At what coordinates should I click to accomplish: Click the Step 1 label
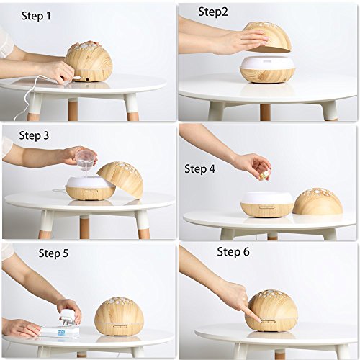(36, 16)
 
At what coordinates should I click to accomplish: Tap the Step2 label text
(213, 12)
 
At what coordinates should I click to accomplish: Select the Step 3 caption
(34, 135)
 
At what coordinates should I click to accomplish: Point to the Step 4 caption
(199, 168)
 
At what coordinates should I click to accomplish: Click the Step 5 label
(53, 253)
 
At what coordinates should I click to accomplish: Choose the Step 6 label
(233, 252)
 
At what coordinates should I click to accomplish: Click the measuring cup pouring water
(85, 158)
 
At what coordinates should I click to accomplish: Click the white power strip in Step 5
(59, 332)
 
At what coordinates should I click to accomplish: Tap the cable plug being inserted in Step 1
(77, 78)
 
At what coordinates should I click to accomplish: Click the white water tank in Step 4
(267, 197)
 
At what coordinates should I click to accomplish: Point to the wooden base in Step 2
(267, 75)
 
